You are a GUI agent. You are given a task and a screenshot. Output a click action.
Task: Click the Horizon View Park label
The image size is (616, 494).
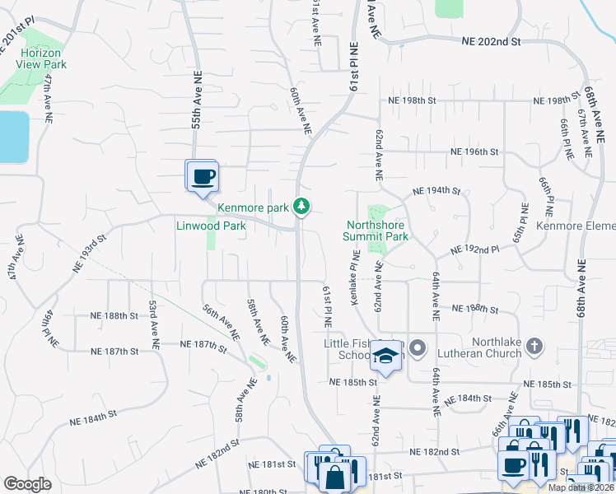click(x=44, y=58)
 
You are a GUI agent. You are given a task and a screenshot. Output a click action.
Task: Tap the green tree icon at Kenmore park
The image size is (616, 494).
click(x=303, y=207)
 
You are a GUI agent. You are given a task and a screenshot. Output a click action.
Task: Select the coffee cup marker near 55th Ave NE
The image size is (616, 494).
click(x=203, y=177)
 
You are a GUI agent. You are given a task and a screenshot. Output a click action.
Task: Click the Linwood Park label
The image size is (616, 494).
click(x=211, y=226)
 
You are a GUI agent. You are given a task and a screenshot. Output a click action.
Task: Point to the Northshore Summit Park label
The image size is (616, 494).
click(x=378, y=230)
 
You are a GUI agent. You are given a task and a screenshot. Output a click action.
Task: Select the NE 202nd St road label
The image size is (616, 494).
click(x=492, y=40)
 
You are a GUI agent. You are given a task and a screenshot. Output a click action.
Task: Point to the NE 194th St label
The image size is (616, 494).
click(x=436, y=190)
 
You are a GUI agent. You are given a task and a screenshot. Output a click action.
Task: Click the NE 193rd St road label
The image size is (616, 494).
click(x=90, y=254)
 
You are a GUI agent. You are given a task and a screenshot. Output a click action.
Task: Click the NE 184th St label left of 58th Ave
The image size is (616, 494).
click(x=106, y=418)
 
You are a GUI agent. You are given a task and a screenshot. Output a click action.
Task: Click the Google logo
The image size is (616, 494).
click(x=27, y=484)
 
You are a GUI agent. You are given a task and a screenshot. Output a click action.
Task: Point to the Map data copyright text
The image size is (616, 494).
click(x=581, y=487)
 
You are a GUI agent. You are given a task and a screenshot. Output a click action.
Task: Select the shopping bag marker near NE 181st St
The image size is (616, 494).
click(x=335, y=476)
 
